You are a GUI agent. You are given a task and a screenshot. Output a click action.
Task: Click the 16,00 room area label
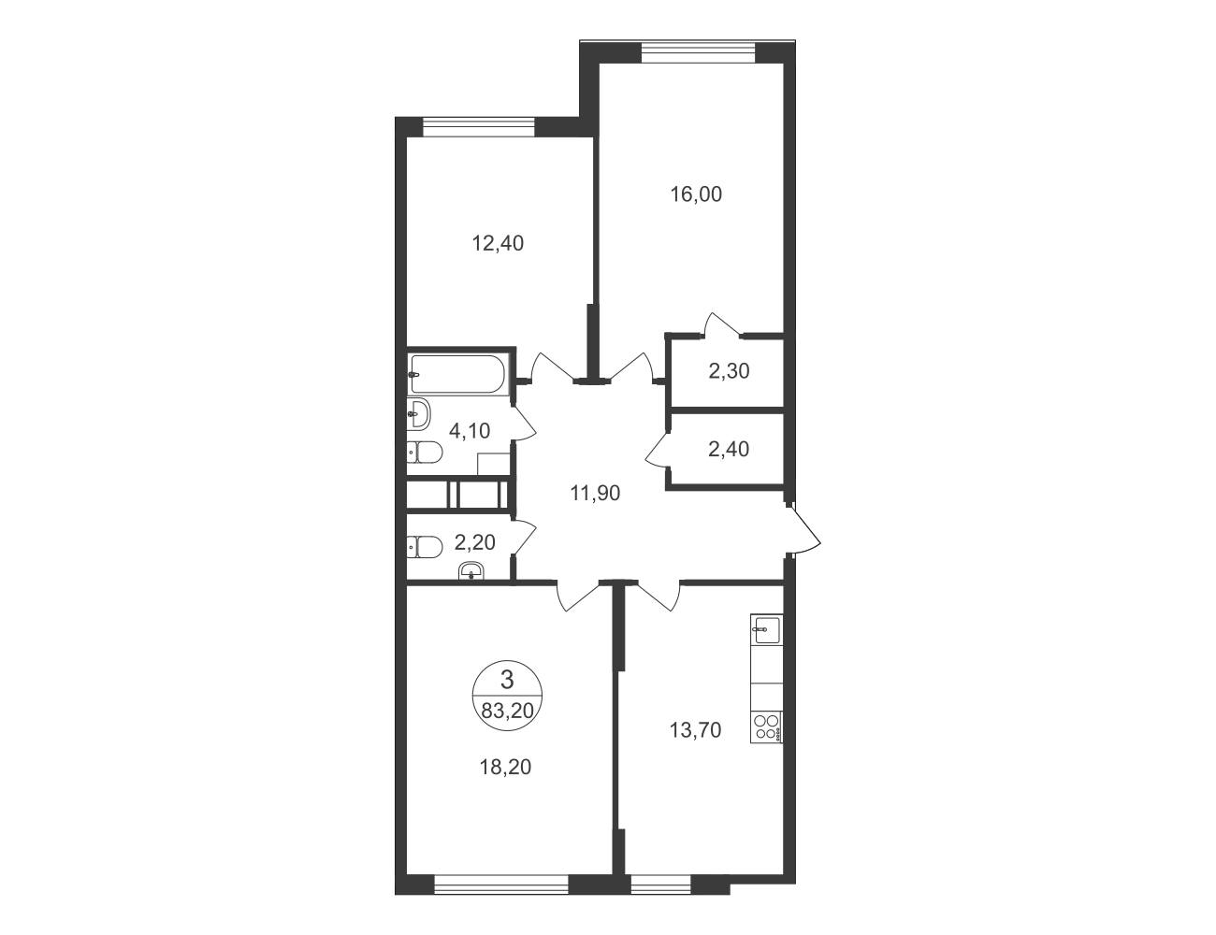pos(696,194)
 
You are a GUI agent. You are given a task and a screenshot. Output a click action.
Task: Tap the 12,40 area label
pos(498,244)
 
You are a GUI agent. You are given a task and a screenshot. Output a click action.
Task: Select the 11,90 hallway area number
pos(595,494)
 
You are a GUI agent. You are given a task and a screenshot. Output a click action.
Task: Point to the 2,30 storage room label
pos(729,371)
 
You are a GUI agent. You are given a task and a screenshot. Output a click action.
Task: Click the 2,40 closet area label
pos(729,449)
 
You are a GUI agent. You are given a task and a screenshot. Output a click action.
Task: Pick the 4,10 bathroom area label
pos(470,431)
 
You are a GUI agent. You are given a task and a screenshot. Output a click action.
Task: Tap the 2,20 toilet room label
pos(474,542)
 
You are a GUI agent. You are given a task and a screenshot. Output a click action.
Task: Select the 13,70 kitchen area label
pos(696,730)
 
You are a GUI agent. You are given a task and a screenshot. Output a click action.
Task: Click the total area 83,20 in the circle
pos(508,711)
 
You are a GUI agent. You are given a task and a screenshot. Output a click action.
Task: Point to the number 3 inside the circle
pos(507,681)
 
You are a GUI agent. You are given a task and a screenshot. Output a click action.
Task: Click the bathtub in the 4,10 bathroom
pos(457,374)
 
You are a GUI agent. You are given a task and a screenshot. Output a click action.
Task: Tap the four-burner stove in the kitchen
pos(766,727)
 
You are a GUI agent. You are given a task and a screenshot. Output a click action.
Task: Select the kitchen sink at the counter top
pos(766,629)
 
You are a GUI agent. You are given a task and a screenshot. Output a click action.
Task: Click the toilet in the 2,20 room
pos(425,547)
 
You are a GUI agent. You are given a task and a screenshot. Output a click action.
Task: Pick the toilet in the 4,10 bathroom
pos(425,453)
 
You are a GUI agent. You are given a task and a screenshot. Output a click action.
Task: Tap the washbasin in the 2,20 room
pos(472,571)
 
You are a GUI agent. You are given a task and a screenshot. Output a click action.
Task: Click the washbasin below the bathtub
pos(418,414)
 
